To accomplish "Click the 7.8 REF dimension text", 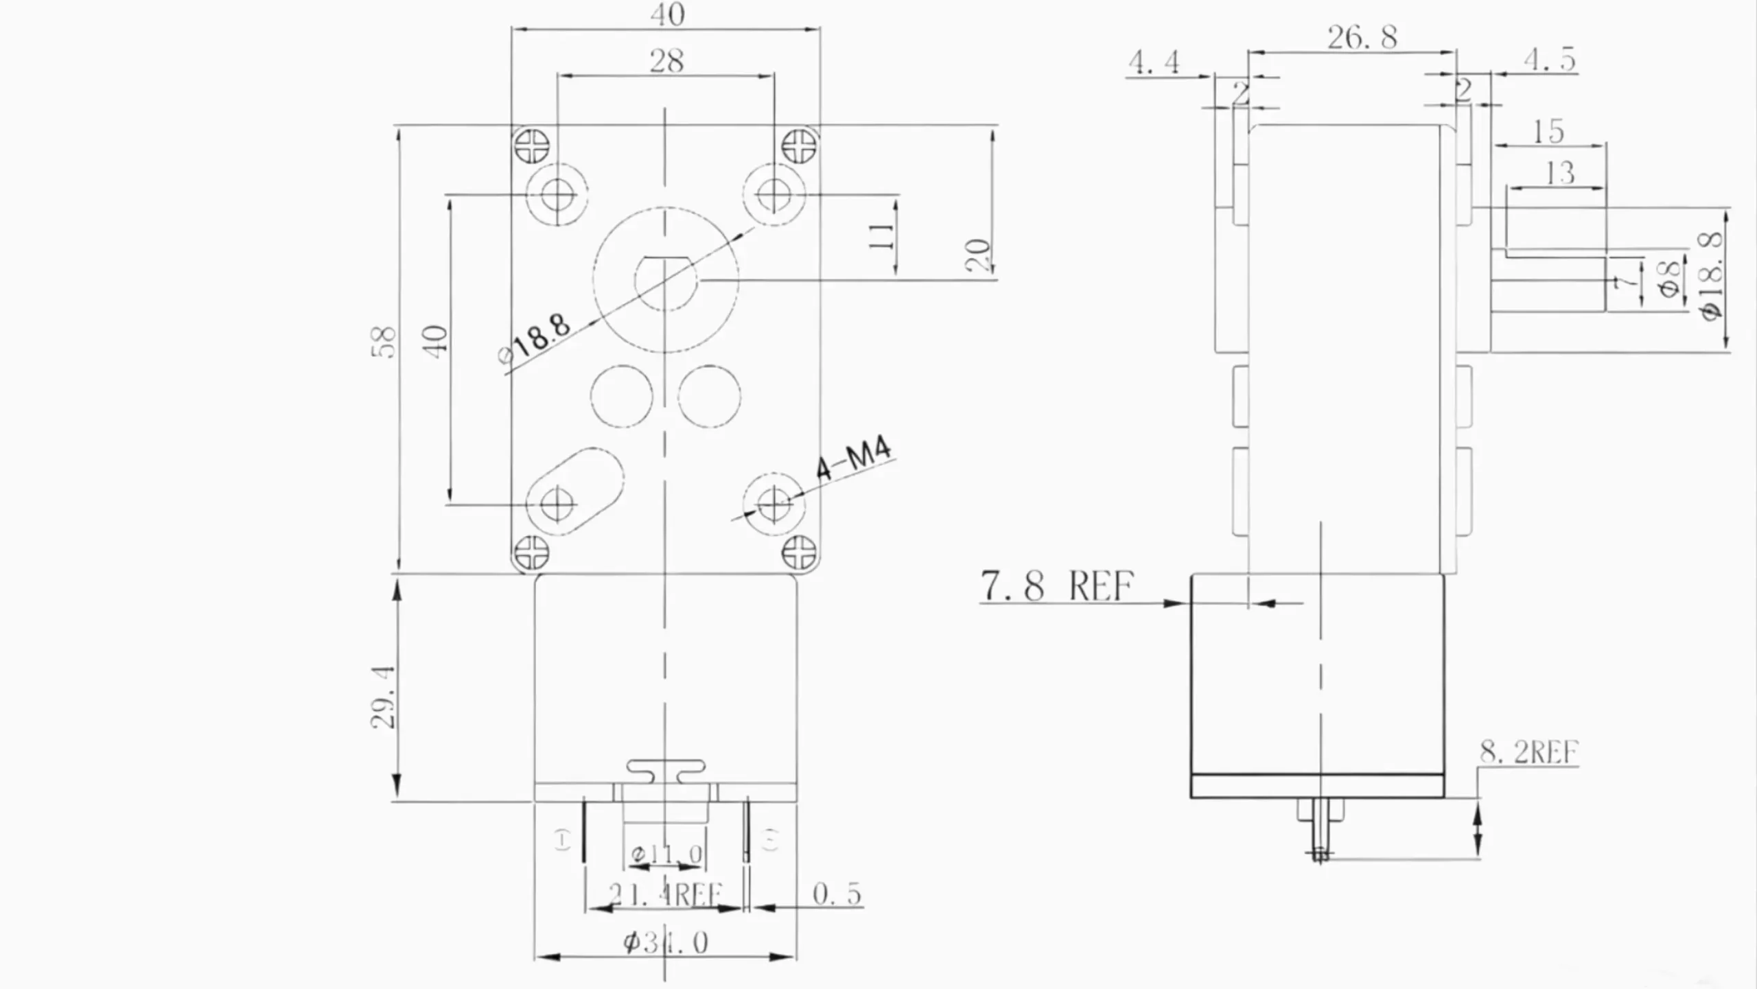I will [1057, 585].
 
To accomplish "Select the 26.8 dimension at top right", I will [1362, 37].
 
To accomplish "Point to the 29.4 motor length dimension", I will [383, 696].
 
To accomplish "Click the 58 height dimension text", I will [386, 342].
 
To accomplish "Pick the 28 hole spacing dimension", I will [666, 61].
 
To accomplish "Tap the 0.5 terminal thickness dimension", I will [836, 894].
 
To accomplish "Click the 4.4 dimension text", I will [1154, 62].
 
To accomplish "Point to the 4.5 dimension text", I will [1550, 60].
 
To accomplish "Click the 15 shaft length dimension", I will [1548, 131].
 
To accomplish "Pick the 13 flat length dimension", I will [1559, 173].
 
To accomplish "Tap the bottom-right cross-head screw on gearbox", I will [799, 552].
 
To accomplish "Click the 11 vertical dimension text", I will [882, 236].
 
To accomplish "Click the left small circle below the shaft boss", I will [622, 397].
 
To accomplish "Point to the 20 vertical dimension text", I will [979, 255].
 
